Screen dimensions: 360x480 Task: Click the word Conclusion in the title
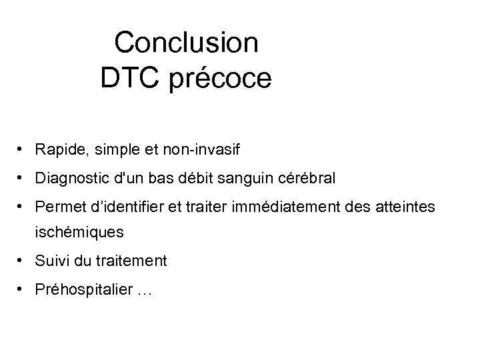(186, 43)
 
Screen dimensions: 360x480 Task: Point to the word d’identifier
(125, 209)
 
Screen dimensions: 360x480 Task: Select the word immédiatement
(291, 209)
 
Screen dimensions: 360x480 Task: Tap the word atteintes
(407, 209)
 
